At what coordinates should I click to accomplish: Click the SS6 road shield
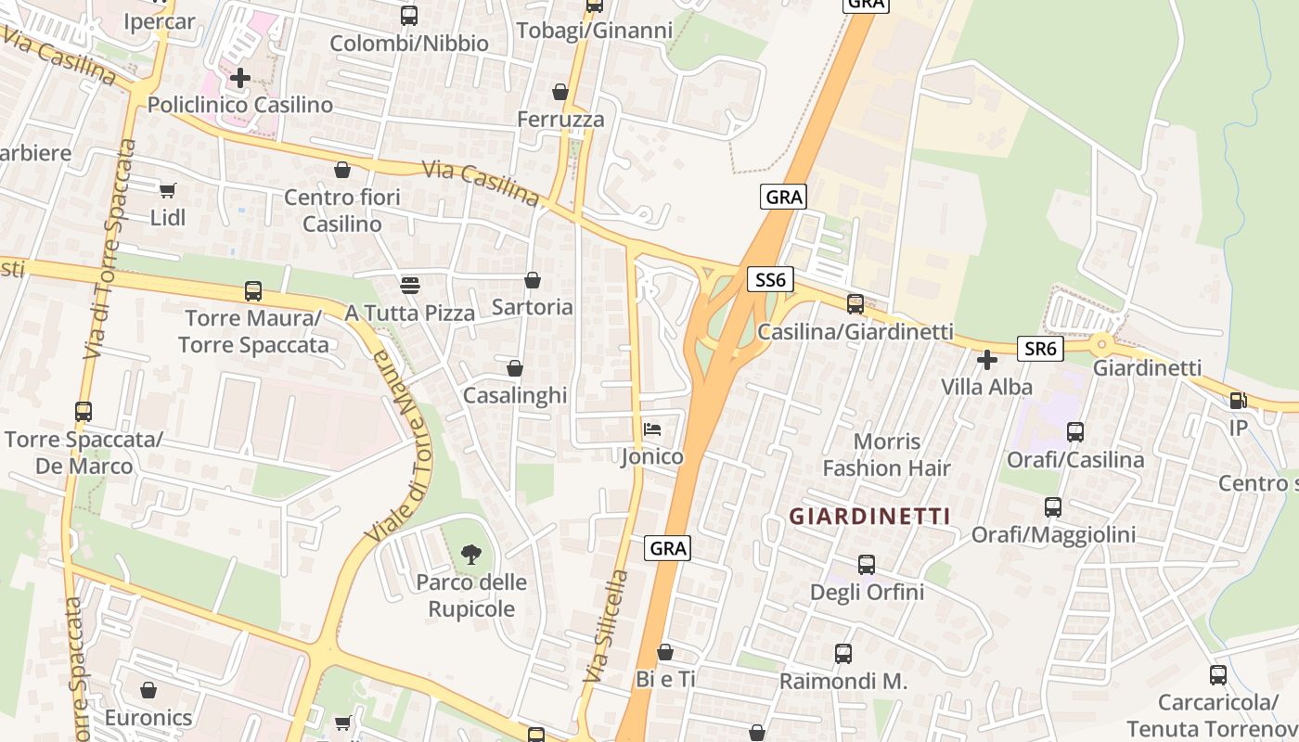point(768,278)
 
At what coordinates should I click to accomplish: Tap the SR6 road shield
point(1039,349)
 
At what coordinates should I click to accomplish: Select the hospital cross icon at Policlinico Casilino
point(240,78)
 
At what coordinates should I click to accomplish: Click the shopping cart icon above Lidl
point(167,191)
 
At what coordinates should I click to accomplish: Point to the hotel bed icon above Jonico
point(652,429)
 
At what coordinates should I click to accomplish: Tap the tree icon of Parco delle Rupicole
point(471,555)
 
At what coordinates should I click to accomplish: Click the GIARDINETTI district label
point(869,517)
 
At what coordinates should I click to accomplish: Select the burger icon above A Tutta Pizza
point(410,285)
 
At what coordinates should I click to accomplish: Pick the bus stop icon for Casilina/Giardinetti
point(855,303)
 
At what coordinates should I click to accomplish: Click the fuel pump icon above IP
point(1238,401)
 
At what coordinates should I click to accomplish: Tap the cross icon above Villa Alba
point(987,359)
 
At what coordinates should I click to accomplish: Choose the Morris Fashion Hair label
point(886,454)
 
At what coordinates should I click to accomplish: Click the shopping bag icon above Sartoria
point(533,279)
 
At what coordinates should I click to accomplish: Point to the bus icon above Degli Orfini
point(867,564)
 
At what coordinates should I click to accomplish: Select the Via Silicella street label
point(606,626)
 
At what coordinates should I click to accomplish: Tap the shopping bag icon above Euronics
point(148,690)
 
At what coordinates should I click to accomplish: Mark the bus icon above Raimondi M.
point(842,654)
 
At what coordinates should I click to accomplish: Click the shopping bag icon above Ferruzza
point(560,92)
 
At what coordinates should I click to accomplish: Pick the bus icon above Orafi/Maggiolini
point(1053,507)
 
